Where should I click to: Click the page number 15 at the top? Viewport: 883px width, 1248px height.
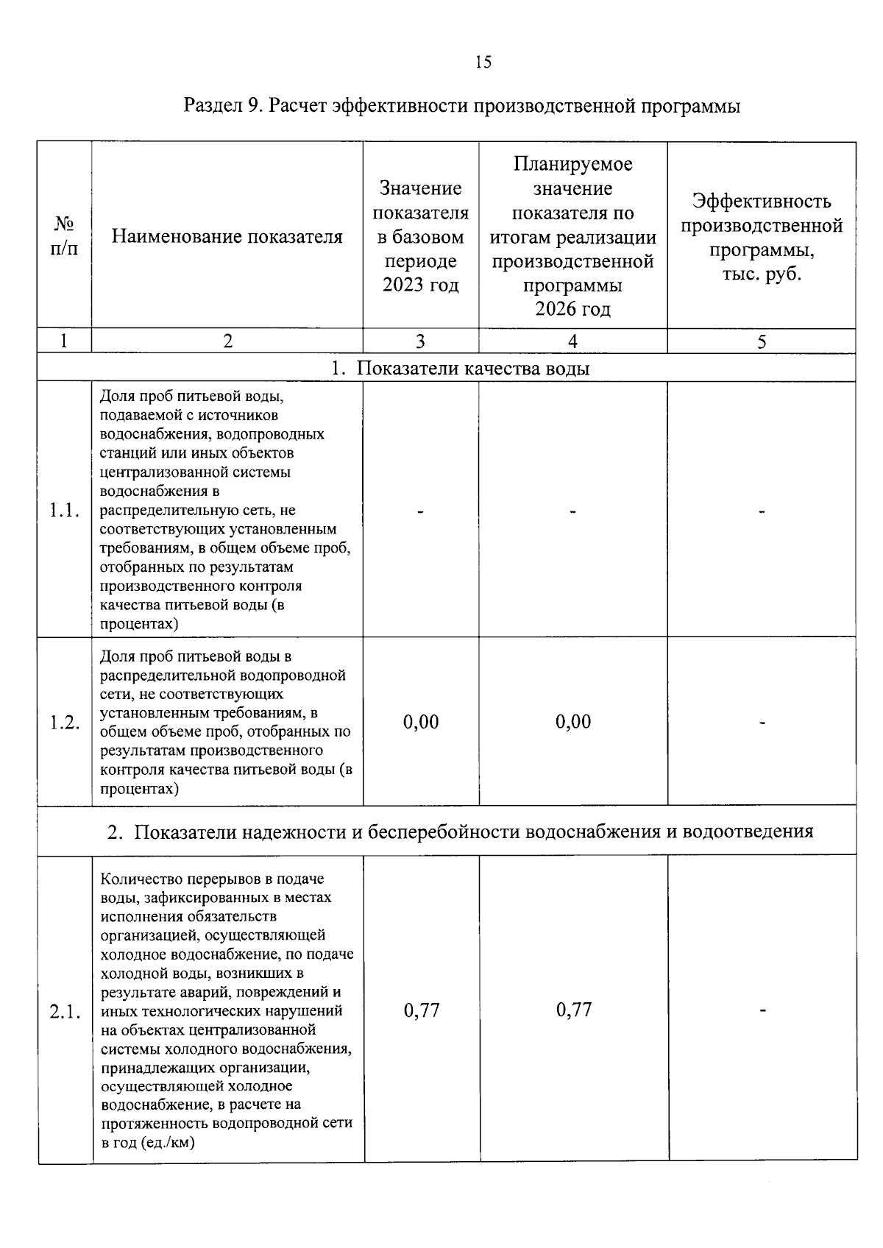[483, 62]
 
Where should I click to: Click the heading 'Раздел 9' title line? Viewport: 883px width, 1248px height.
[461, 106]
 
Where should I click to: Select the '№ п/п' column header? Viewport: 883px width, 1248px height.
[64, 235]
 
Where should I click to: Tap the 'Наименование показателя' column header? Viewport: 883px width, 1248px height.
[227, 236]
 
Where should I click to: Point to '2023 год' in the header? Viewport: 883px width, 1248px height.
[420, 285]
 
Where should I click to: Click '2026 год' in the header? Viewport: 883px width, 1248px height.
[572, 309]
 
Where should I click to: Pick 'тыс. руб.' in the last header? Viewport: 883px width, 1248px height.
[761, 274]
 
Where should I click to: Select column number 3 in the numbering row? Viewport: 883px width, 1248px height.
[420, 341]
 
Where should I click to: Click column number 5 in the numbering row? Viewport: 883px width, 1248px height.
[762, 341]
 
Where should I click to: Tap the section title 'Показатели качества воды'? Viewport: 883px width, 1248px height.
[472, 368]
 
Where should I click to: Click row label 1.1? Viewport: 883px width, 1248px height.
[64, 510]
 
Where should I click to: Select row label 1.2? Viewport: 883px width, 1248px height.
[64, 723]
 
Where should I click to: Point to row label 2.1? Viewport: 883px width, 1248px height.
[64, 1012]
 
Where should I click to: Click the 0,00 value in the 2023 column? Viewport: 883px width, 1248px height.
[421, 722]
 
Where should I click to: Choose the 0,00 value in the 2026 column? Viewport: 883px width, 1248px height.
[573, 722]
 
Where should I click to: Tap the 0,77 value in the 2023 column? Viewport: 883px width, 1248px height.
[422, 1010]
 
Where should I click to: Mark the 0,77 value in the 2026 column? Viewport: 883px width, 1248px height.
[574, 1010]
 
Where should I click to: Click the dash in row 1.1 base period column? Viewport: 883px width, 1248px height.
[420, 511]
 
